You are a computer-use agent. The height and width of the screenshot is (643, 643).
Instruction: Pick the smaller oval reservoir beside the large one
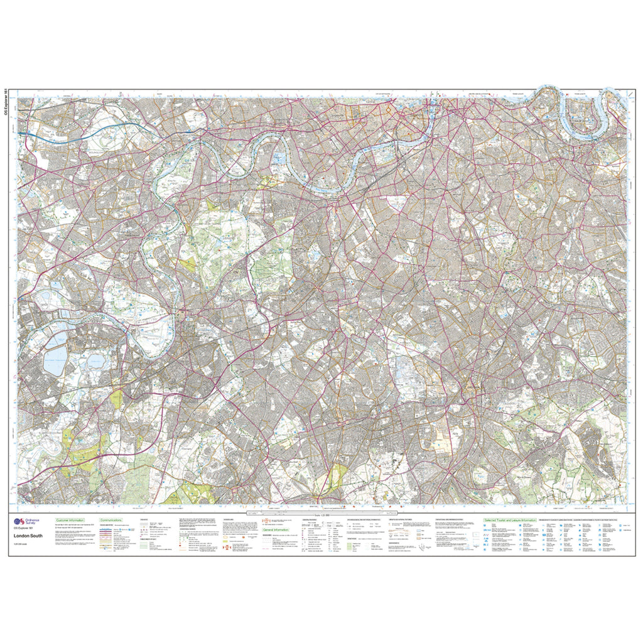[95, 361]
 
